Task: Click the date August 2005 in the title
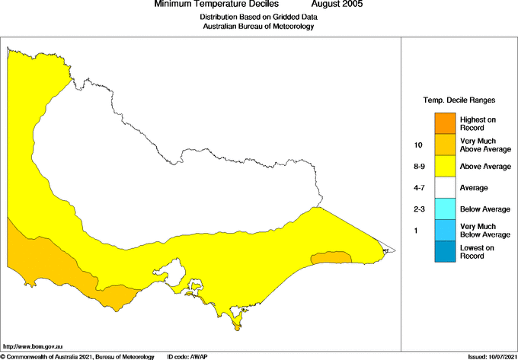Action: (337, 5)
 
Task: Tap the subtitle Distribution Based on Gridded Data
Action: (259, 16)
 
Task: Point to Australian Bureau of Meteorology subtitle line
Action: (259, 26)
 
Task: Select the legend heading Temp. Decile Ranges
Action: (459, 100)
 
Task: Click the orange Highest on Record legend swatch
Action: (445, 123)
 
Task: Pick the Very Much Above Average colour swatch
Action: (445, 144)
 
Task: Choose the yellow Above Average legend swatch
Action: (445, 165)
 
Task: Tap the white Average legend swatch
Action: (445, 186)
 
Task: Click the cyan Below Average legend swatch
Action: (445, 208)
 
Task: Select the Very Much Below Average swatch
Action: (445, 229)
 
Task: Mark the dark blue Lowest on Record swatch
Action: (445, 251)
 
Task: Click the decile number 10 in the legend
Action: (417, 145)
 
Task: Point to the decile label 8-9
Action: (417, 166)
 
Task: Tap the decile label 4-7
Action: (417, 187)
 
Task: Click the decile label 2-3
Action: (417, 209)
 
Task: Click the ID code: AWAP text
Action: (187, 356)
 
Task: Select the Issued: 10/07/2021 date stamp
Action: (491, 356)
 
